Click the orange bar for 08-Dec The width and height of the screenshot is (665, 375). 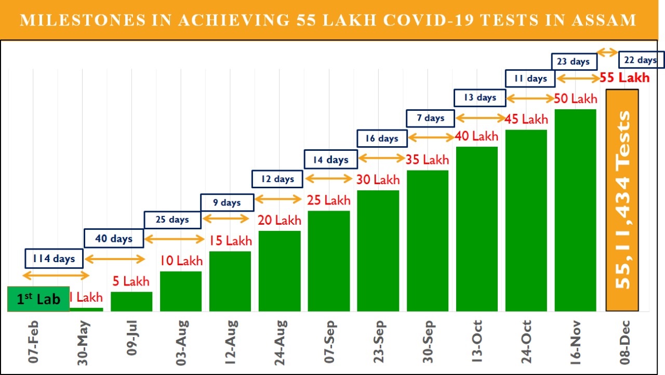point(622,200)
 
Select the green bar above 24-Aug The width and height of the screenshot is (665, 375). point(280,271)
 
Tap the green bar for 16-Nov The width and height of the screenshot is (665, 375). point(575,210)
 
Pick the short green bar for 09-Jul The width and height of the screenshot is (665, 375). point(131,302)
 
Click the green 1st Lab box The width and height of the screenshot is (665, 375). point(38,299)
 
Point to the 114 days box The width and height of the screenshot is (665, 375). point(54,258)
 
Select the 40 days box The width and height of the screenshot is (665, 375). point(114,239)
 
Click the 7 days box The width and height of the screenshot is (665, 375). point(430,118)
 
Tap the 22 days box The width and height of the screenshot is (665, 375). point(640,60)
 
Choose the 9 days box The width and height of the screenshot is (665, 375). point(227,202)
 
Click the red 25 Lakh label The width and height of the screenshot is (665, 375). point(329,200)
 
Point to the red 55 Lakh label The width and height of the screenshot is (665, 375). point(624,78)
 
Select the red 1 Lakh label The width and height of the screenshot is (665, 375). point(86,298)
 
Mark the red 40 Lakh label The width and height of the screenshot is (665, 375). point(476,137)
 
